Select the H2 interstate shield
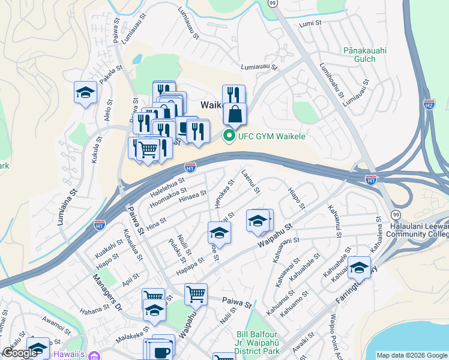click(429, 104)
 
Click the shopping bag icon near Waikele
click(235, 113)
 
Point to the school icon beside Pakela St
click(85, 93)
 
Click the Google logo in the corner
click(20, 353)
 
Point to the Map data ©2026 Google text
click(412, 355)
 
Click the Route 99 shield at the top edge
click(273, 4)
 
